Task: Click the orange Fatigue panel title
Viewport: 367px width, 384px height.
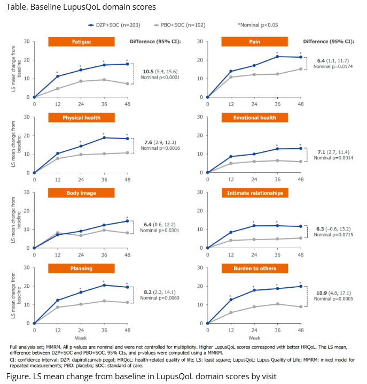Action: point(81,41)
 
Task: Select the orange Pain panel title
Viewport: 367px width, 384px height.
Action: point(254,41)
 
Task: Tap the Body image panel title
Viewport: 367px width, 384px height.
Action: point(81,192)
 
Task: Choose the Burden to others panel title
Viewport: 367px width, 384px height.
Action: point(254,268)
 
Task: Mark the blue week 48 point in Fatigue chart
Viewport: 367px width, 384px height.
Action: point(127,64)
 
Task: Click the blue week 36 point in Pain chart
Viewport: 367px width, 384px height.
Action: point(277,57)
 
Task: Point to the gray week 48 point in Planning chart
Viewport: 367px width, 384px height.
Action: point(127,303)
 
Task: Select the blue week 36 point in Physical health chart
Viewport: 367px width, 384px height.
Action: point(104,138)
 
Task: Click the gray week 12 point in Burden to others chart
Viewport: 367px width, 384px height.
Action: point(230,312)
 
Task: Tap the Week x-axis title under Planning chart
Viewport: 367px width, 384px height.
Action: point(81,338)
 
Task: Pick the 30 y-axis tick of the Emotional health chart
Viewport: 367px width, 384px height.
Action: point(200,117)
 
